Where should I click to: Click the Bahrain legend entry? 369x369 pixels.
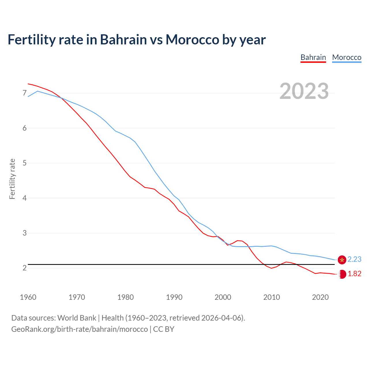coord(313,57)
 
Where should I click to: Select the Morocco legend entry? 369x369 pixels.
coord(347,57)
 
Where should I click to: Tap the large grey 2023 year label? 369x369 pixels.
coord(304,91)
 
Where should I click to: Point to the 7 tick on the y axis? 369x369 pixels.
coord(25,93)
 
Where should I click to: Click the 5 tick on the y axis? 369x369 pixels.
coord(25,163)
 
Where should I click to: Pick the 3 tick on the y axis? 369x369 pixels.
coord(25,233)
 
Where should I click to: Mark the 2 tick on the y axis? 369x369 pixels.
coord(25,268)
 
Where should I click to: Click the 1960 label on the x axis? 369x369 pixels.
coord(28,297)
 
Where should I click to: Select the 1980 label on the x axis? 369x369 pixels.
coord(125,297)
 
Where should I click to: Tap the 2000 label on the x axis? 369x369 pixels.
coord(223,297)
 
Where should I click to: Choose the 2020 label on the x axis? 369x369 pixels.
coord(320,297)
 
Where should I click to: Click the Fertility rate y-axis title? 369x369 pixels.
coord(12,179)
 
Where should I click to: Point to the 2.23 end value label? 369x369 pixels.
coord(354,259)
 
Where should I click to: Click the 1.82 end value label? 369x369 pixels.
coord(354,274)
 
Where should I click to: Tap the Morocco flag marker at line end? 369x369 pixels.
coord(342,260)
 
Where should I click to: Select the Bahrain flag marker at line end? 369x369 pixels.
coord(342,274)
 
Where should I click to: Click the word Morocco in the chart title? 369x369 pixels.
coord(192,39)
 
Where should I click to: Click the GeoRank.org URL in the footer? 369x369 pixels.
coord(79,329)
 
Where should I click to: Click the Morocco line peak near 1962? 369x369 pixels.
coord(37,91)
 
